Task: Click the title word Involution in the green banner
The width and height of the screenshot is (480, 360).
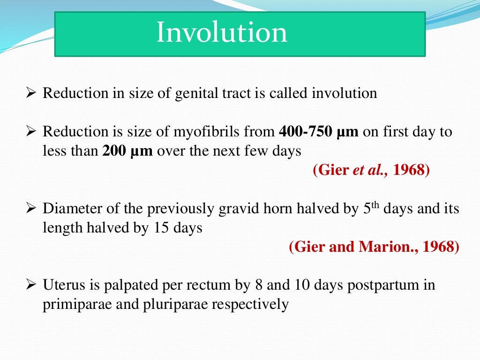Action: (222, 33)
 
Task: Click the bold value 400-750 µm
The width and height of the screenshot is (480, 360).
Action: (318, 132)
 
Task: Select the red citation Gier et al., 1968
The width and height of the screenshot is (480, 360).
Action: (371, 170)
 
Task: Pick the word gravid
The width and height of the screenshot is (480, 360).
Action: (237, 209)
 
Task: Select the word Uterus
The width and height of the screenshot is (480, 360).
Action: (62, 285)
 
